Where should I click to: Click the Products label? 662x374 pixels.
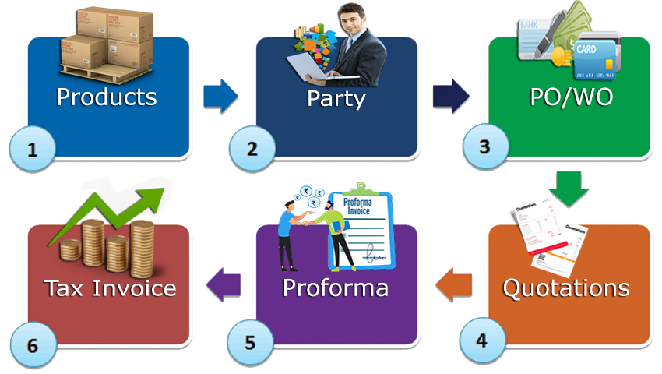coord(107,97)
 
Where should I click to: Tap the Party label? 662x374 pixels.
coord(336,98)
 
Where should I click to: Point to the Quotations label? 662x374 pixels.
coord(565,288)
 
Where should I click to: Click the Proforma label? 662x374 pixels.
coord(335,288)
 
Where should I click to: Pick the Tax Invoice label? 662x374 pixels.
coord(110,288)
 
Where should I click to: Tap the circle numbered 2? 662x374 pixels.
coord(252,149)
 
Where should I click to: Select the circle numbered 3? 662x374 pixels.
coord(484,147)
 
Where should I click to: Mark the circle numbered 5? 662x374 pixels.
coord(249,341)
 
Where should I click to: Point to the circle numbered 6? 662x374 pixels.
coord(32,344)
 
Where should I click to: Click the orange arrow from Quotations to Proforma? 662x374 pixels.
coord(452,284)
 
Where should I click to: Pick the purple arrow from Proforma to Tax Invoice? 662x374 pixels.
coord(224,284)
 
